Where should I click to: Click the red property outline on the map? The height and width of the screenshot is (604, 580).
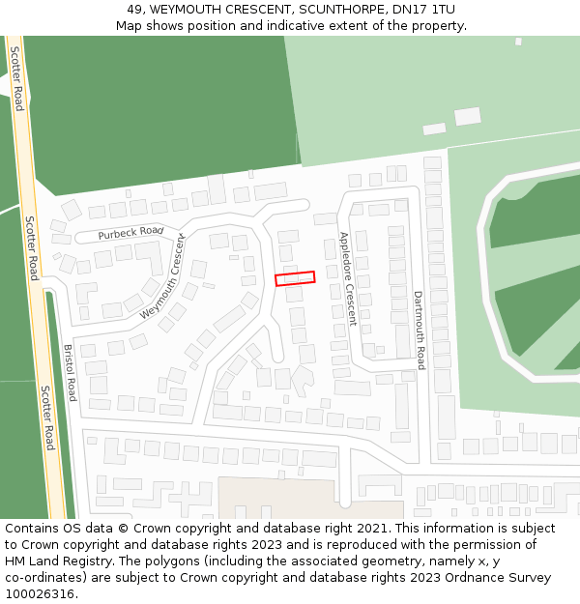click(295, 278)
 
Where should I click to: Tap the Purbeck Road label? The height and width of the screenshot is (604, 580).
click(131, 233)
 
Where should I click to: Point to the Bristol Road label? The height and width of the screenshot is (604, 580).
click(70, 372)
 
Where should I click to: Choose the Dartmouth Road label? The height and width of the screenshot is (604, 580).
click(419, 330)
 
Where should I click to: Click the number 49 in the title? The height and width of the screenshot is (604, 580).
click(134, 9)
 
